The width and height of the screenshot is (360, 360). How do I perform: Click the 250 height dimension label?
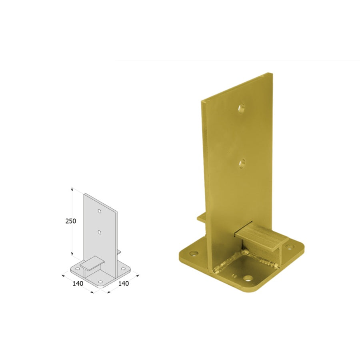(71, 221)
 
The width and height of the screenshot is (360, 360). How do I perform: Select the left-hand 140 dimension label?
(78, 284)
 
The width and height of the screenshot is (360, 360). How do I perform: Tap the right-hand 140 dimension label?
(124, 284)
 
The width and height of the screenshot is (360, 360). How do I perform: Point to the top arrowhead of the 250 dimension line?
(72, 189)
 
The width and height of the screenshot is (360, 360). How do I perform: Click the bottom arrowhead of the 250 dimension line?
(72, 254)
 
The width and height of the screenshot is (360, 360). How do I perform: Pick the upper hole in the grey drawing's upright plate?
(100, 211)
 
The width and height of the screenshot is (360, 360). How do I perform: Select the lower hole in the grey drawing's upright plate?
(100, 232)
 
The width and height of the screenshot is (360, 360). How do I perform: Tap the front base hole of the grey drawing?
(100, 282)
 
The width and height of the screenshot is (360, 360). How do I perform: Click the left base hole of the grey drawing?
(78, 269)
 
